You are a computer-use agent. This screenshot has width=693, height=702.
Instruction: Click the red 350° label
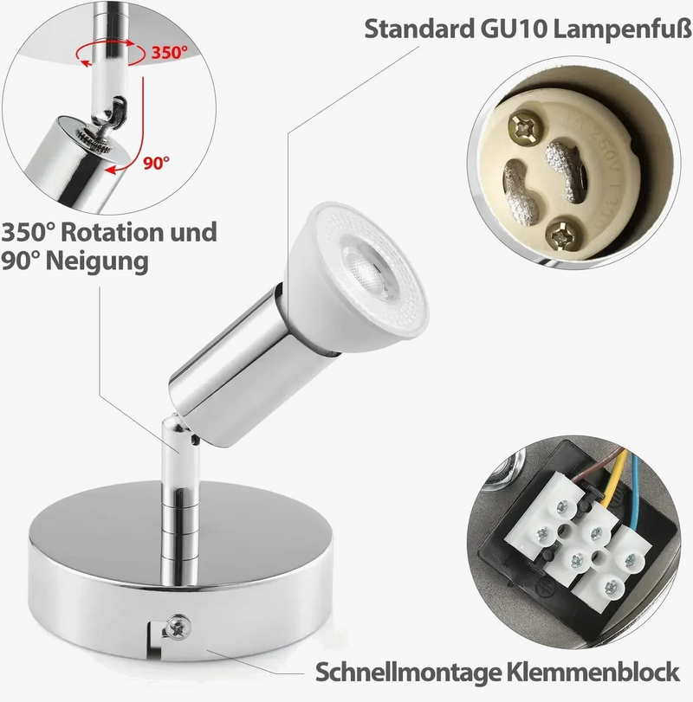(x=170, y=52)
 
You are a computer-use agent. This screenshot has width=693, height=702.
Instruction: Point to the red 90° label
(x=156, y=161)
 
